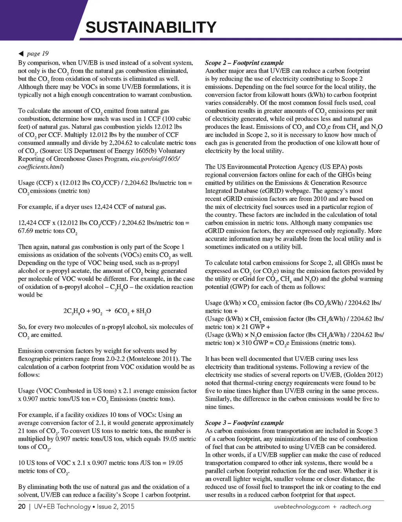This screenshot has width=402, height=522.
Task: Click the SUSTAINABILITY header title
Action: coord(151,27)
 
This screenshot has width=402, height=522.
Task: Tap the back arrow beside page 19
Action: coord(21,54)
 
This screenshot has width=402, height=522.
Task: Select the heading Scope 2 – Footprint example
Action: coord(244,63)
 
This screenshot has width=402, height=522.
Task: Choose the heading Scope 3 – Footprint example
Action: coord(244,423)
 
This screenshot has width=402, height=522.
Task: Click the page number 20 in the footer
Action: coord(22,507)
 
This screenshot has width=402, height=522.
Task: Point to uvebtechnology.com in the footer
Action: coord(302,507)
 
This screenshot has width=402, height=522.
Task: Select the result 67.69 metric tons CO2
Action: coord(48,231)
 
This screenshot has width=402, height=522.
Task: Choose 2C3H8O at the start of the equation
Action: coord(73,311)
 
